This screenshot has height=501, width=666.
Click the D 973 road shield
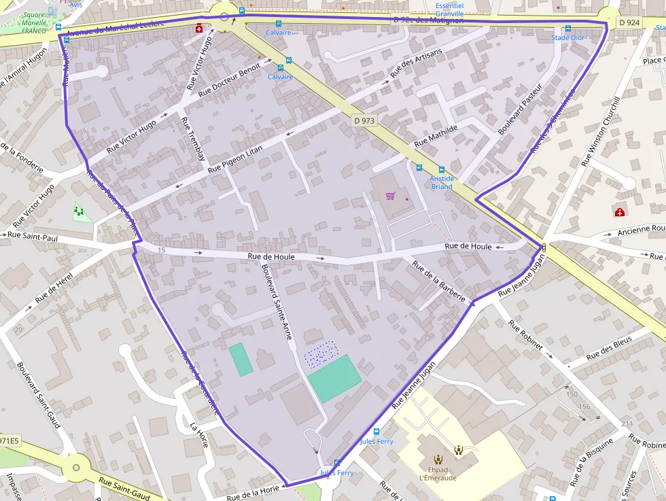(x=364, y=121)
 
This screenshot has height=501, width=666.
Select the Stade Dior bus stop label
(x=567, y=37)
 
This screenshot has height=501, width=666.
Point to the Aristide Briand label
(x=442, y=183)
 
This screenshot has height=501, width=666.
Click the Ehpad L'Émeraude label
(x=438, y=473)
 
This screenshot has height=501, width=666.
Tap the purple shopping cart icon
(x=390, y=196)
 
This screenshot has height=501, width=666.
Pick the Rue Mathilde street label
(x=436, y=136)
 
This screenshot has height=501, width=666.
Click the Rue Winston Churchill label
(x=601, y=131)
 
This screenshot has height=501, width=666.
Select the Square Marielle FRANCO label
(x=33, y=22)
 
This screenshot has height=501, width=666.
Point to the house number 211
(x=627, y=424)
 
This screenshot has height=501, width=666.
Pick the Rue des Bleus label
(x=609, y=347)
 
